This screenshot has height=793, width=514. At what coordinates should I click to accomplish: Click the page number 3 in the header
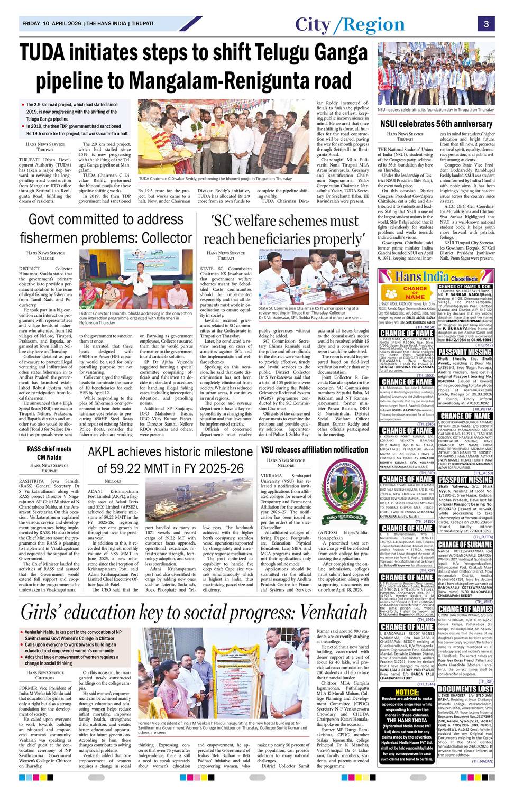pyautogui.click(x=486, y=24)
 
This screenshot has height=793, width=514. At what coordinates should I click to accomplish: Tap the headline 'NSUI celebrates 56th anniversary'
pyautogui.click(x=436, y=124)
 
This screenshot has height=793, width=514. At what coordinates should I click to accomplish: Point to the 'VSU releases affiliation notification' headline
pyautogui.click(x=315, y=449)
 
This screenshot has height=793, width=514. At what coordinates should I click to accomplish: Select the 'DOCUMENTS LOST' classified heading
pyautogui.click(x=465, y=689)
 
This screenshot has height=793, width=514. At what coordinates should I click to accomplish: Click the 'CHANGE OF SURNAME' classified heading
pyautogui.click(x=465, y=544)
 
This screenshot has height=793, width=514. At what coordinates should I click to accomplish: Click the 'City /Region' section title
pyautogui.click(x=350, y=24)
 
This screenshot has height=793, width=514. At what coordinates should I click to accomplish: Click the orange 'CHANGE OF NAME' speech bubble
pyautogui.click(x=415, y=292)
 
